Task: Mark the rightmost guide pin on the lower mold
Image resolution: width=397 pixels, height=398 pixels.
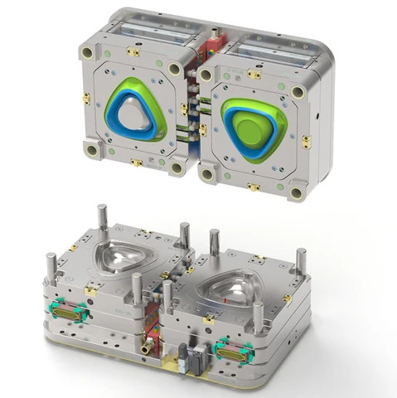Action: pyautogui.click(x=301, y=264)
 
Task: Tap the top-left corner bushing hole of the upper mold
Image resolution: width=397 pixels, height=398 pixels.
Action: pyautogui.click(x=87, y=52)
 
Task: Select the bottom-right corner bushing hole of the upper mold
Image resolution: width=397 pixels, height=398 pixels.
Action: pyautogui.click(x=296, y=193)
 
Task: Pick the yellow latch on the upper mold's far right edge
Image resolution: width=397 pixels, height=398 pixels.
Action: pyautogui.click(x=306, y=143)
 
